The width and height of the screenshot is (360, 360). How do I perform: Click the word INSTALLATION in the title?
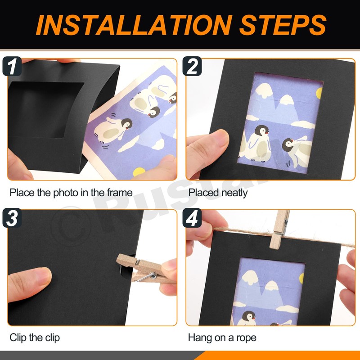point(134,25)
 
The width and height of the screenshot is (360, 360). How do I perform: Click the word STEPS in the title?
point(283,25)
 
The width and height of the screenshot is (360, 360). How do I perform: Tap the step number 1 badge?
point(12,66)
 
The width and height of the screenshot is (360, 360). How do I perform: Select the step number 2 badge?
point(192,66)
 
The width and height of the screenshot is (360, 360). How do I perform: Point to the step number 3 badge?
point(12,218)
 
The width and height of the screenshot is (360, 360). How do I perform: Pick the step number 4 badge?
point(192,218)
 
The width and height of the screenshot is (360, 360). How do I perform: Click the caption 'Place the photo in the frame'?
point(71,193)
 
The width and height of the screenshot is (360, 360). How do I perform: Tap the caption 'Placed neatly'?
point(218,193)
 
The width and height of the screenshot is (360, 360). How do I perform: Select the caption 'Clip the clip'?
point(35,337)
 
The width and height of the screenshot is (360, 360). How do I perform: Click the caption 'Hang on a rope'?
point(222,337)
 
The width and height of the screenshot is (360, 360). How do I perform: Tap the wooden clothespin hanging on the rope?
point(279,229)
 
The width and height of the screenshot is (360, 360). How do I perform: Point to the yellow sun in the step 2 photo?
point(319,93)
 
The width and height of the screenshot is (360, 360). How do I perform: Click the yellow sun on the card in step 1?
point(139,172)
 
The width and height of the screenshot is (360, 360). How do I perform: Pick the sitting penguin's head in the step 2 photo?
point(261,131)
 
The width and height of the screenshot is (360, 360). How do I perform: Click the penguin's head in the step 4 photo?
point(248,316)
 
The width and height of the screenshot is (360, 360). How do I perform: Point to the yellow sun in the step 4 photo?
point(301,278)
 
